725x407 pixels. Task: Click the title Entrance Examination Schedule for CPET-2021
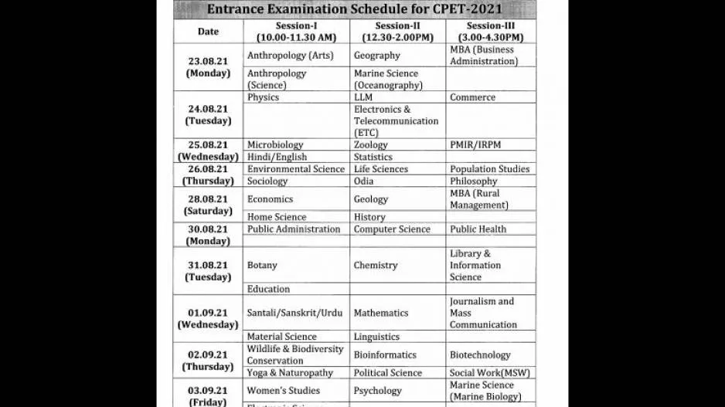click(353, 9)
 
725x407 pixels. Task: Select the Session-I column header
click(297, 31)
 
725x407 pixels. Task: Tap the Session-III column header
click(490, 31)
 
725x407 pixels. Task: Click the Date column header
click(208, 32)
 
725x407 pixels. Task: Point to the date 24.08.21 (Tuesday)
click(208, 114)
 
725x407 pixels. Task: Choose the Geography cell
click(377, 56)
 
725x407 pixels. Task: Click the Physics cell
click(264, 97)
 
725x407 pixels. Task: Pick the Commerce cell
click(472, 97)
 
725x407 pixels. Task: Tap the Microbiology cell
click(275, 144)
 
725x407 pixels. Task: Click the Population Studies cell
click(489, 168)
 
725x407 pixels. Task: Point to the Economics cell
click(270, 198)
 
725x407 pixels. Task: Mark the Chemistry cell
click(376, 265)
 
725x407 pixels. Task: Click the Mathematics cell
click(381, 313)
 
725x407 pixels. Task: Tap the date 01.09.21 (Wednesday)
click(208, 318)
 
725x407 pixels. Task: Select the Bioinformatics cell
click(385, 354)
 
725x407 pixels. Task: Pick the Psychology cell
click(378, 391)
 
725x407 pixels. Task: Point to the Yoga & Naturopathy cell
click(290, 372)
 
